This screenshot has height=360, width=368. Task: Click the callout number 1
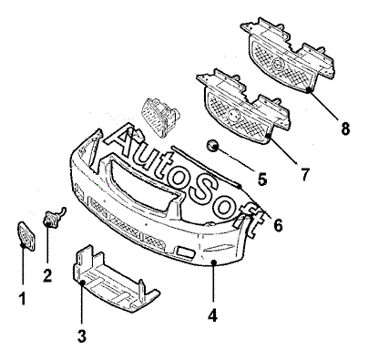tap(22, 298)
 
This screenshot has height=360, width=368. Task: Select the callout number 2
tap(47, 275)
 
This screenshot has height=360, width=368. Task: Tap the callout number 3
tap(82, 335)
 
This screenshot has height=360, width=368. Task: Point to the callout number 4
tap(212, 315)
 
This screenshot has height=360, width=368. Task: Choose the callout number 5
tap(261, 179)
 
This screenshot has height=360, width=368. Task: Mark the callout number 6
tap(278, 225)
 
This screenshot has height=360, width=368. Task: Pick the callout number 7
tap(304, 175)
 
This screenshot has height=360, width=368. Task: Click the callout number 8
tap(345, 129)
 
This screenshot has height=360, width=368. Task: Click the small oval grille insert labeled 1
tap(26, 236)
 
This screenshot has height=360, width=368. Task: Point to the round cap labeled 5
tap(212, 145)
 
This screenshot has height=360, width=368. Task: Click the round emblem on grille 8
tap(277, 64)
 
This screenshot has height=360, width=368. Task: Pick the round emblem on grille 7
tap(233, 115)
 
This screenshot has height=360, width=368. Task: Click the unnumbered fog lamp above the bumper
tap(160, 118)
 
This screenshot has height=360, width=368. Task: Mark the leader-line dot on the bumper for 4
tap(213, 262)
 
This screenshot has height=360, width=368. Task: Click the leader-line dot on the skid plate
tap(82, 283)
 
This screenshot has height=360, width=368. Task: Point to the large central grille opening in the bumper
tap(143, 185)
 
